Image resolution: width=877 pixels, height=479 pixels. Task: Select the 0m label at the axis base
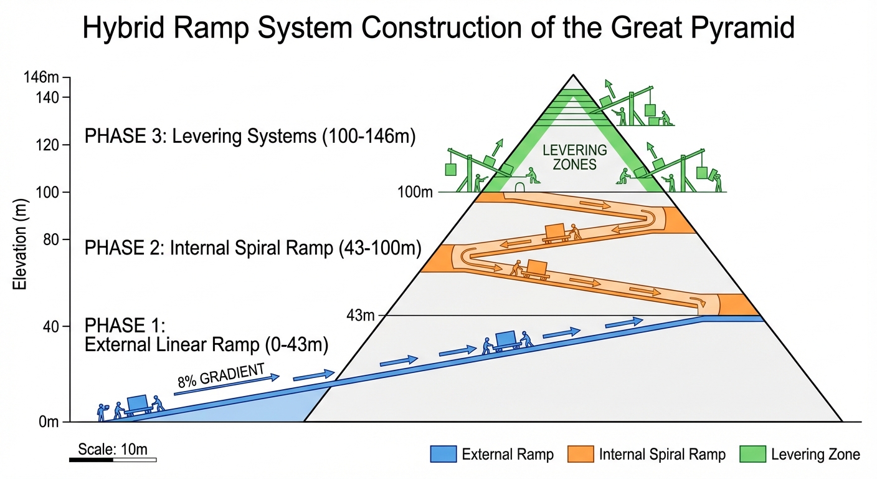tap(48, 422)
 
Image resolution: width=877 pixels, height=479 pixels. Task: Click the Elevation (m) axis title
tap(19, 249)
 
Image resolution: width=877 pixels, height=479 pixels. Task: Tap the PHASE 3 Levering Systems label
tap(249, 137)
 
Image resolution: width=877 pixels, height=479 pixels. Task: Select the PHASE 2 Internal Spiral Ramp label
tap(253, 248)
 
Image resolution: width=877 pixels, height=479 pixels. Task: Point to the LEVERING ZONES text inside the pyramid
tap(566, 157)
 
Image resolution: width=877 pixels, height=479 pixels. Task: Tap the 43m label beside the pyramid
tap(361, 315)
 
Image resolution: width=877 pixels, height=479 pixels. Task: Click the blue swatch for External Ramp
tap(443, 454)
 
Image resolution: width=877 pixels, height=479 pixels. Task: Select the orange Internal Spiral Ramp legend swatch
tap(580, 454)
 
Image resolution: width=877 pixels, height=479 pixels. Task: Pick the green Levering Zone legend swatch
tap(752, 454)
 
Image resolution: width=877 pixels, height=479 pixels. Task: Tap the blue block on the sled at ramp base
tap(138, 402)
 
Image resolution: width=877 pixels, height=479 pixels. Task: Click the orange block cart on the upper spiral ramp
tap(554, 231)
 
